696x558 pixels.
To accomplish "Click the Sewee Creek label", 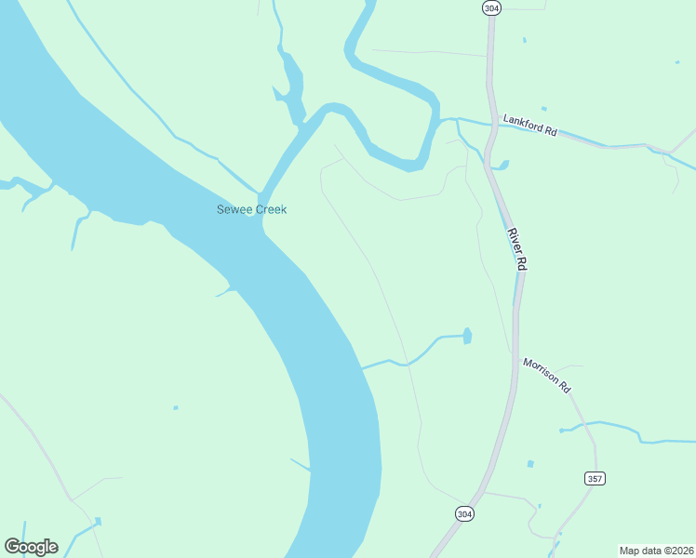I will click(251, 209).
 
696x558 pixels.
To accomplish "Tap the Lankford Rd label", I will click(529, 125).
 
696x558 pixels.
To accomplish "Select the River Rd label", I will click(517, 248).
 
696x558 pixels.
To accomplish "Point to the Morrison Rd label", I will click(546, 375).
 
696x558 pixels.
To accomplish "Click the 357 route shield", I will click(596, 478).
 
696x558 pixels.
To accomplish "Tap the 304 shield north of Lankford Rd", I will click(490, 7).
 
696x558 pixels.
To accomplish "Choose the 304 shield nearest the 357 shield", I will click(464, 513).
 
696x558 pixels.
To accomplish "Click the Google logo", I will click(31, 547).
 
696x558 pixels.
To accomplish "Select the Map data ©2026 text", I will click(656, 551).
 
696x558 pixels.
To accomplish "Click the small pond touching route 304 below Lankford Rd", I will click(503, 166).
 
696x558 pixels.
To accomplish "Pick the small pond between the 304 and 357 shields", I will click(529, 463).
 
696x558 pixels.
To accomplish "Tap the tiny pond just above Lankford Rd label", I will click(543, 109).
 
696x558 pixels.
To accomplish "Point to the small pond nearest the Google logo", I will click(97, 521).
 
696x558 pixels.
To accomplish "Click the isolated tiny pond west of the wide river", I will click(175, 407).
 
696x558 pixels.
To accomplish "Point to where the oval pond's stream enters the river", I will click(363, 367).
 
